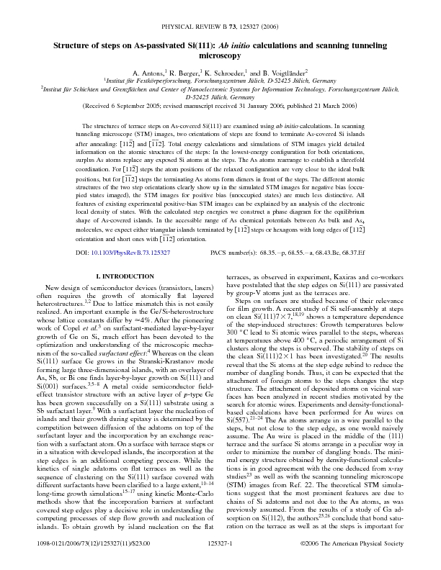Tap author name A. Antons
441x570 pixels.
click(148, 73)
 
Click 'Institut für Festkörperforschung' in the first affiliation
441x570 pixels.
click(144, 82)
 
